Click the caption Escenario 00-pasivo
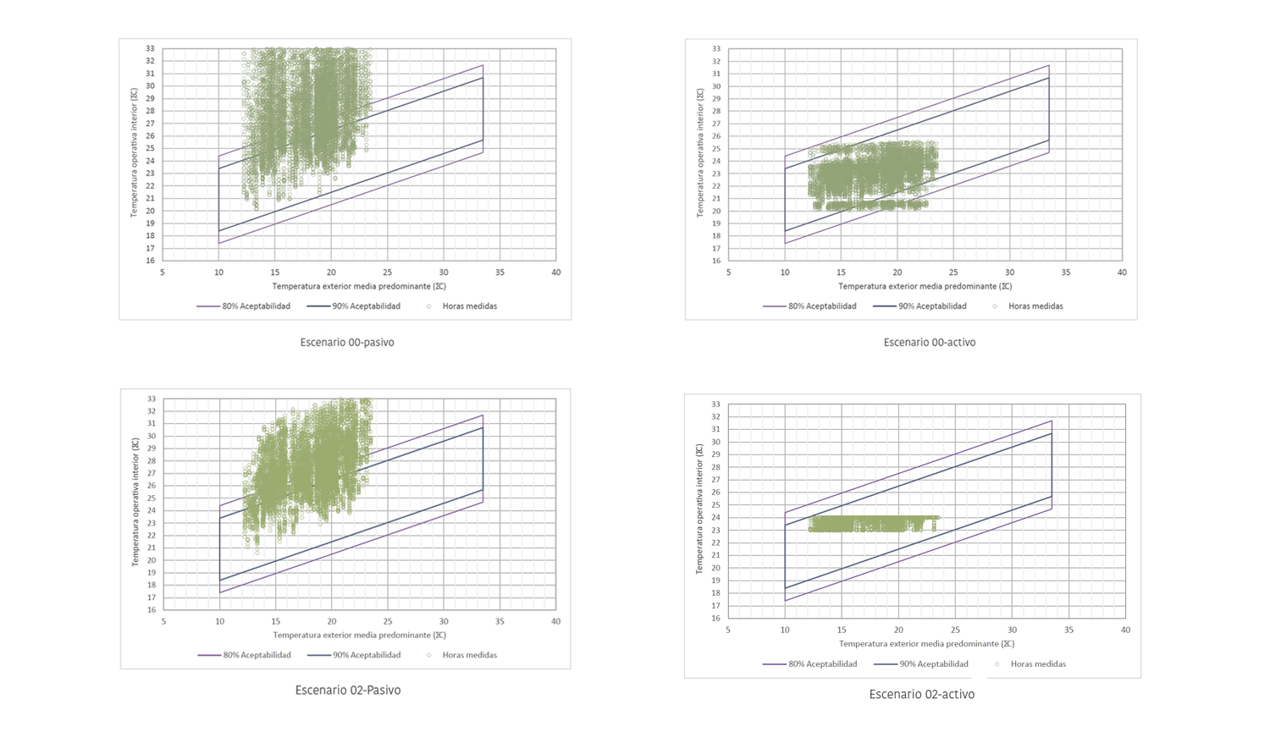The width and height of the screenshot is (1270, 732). (347, 343)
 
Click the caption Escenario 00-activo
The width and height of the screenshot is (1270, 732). (929, 343)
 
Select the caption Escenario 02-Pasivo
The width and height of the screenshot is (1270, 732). (348, 691)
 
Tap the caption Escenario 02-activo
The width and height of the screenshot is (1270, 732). (921, 695)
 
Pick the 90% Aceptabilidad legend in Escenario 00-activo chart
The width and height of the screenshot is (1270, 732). (931, 306)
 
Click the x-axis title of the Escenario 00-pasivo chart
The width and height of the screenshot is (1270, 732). (359, 287)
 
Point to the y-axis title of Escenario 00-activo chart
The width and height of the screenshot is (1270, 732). (699, 153)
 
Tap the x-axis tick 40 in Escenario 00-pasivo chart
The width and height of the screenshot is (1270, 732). (556, 272)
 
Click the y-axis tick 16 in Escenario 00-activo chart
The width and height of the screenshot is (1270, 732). (716, 261)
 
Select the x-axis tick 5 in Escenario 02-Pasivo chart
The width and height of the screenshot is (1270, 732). (163, 621)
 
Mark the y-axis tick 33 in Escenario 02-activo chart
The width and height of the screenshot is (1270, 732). (716, 405)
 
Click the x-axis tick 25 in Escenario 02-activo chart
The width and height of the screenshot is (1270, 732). (955, 630)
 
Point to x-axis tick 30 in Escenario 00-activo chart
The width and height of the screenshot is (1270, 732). (1009, 272)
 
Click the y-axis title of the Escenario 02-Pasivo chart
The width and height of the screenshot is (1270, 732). (135, 503)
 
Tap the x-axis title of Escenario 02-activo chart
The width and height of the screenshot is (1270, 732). (926, 644)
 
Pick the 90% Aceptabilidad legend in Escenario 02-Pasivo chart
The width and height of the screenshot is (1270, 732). (366, 655)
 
